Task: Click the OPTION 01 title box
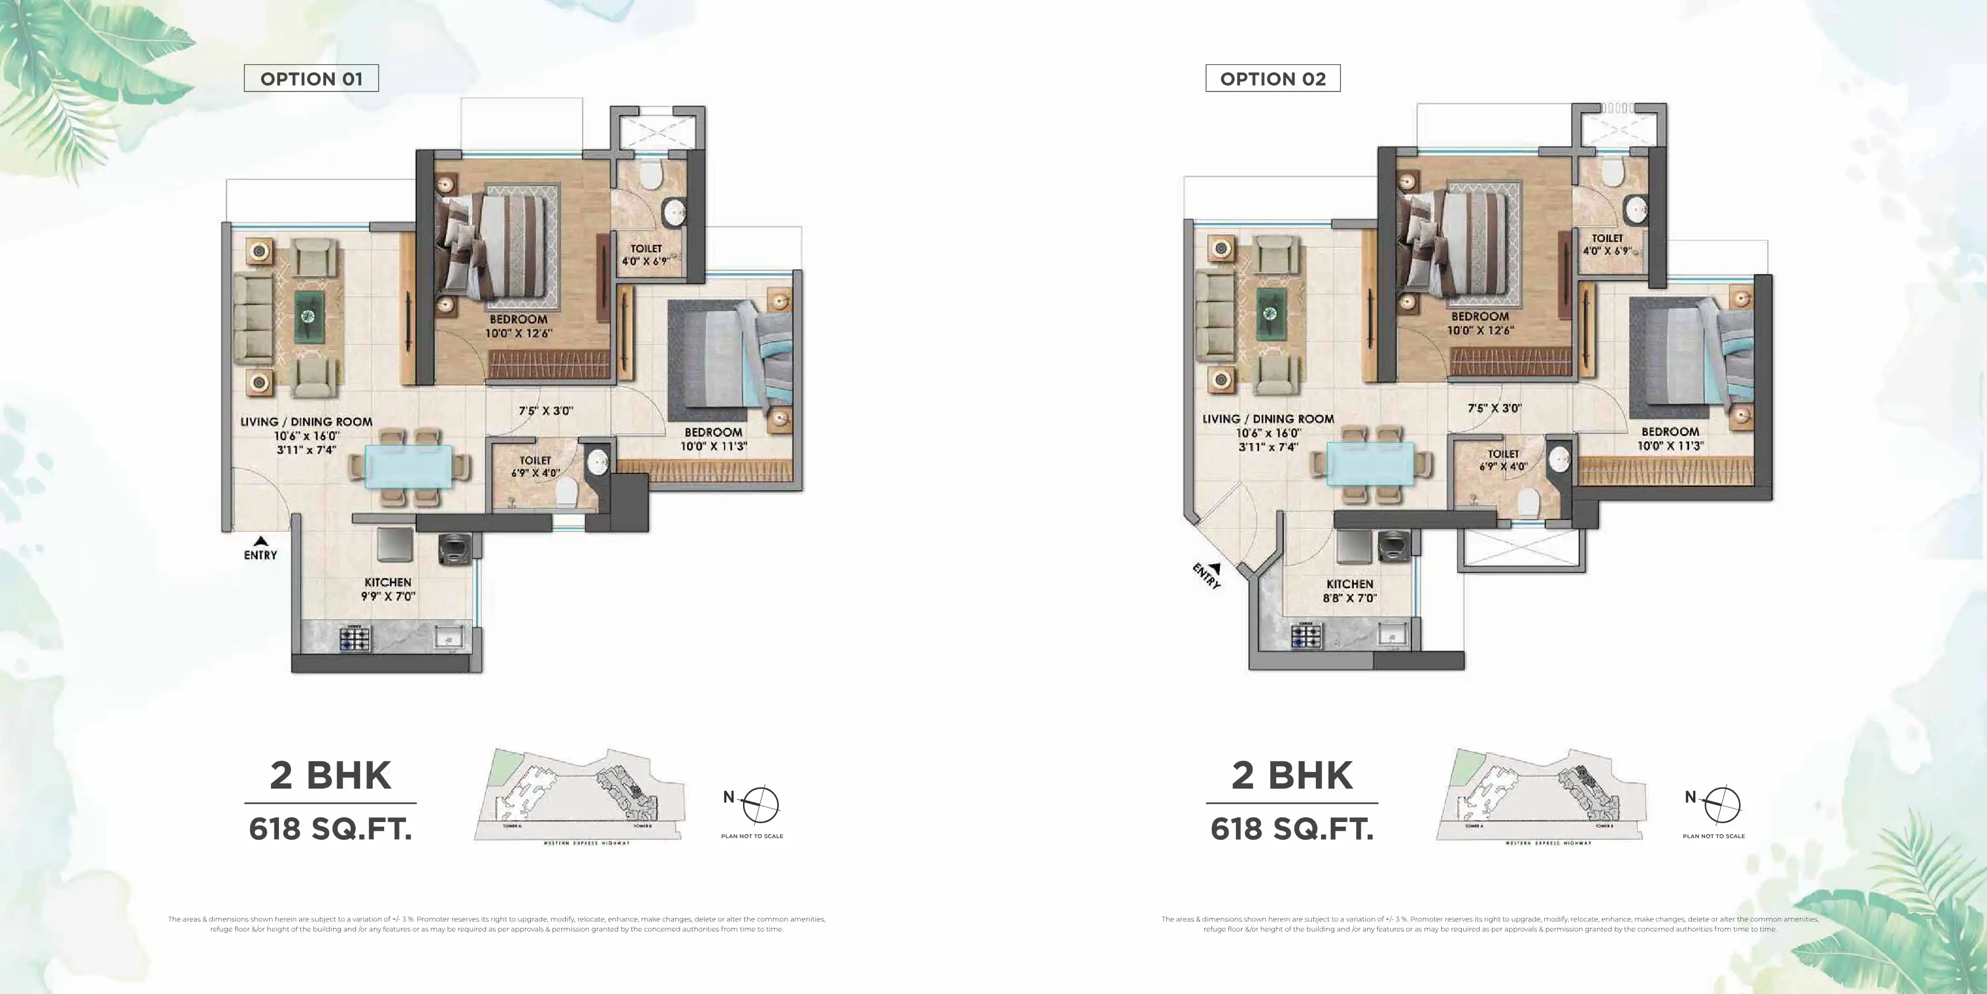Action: [x=311, y=79]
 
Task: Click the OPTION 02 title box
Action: [x=1273, y=79]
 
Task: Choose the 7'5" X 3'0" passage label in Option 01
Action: [x=545, y=411]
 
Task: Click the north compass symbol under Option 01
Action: [x=760, y=805]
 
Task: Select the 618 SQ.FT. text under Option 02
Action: [x=1292, y=829]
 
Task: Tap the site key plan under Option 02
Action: [x=1540, y=795]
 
